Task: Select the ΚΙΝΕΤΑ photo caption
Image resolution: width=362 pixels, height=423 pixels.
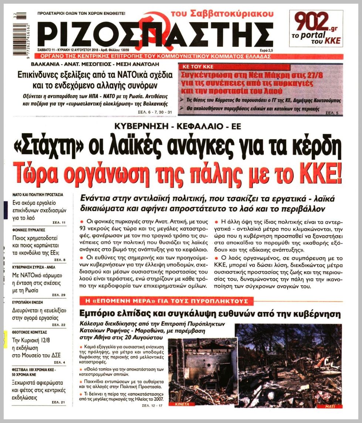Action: [x=180, y=404]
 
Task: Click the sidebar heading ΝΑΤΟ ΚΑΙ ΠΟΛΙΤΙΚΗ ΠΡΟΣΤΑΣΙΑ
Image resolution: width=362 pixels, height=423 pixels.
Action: [x=38, y=194]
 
